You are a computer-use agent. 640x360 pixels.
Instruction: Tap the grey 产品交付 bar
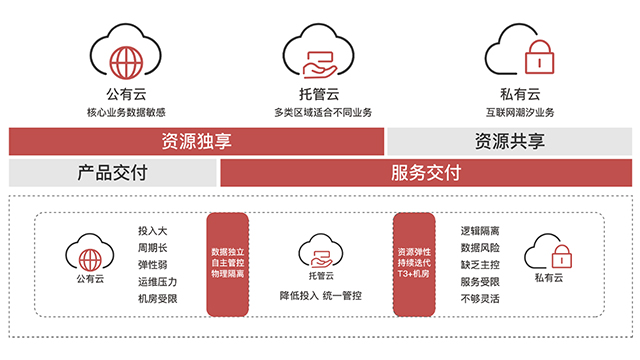click(112, 173)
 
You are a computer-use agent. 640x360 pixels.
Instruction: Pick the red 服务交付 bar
click(425, 173)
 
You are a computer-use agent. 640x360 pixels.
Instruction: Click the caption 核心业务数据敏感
click(127, 112)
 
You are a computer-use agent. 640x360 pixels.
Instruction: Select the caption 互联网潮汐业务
click(519, 112)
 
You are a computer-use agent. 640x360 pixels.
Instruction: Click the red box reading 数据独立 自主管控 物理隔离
click(227, 263)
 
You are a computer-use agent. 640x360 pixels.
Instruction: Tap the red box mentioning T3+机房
click(413, 263)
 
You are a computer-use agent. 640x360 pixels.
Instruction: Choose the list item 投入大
click(152, 230)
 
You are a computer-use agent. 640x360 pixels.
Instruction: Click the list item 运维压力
click(158, 281)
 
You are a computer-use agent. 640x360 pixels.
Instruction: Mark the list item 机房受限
click(158, 298)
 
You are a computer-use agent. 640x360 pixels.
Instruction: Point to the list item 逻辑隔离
click(480, 230)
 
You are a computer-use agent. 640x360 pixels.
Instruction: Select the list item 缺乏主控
click(480, 264)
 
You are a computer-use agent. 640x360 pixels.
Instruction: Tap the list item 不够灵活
click(480, 298)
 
